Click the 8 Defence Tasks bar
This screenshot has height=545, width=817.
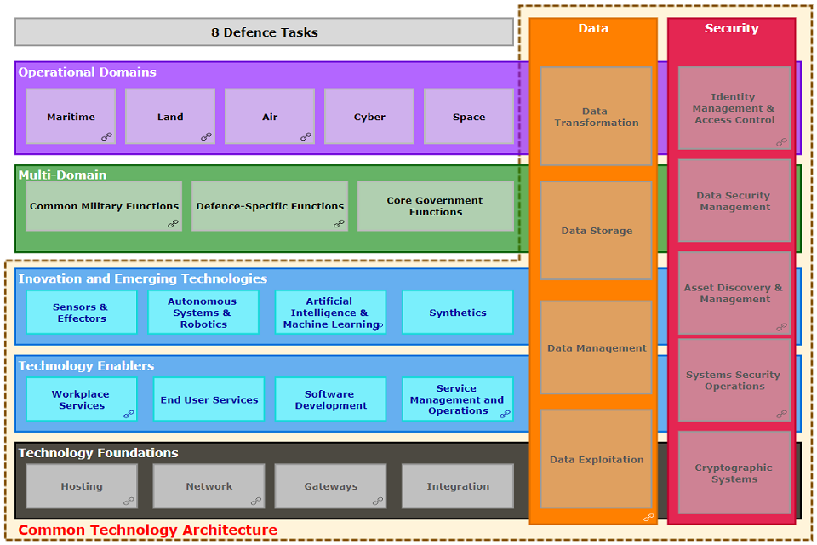click(x=264, y=32)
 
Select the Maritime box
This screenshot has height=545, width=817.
click(x=71, y=117)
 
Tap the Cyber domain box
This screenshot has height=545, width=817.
click(x=369, y=117)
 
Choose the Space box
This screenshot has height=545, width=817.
click(x=469, y=117)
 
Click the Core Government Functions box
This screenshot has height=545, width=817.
click(x=435, y=206)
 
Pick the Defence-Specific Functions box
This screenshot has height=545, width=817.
click(x=270, y=206)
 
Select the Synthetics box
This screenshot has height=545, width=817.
click(x=458, y=313)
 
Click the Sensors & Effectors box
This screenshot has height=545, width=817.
click(x=81, y=313)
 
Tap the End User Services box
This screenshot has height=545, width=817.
click(x=209, y=399)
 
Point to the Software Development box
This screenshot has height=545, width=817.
click(x=330, y=399)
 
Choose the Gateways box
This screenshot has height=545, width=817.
click(x=330, y=486)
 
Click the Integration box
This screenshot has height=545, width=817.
click(x=458, y=486)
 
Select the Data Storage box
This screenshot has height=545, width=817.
click(x=597, y=231)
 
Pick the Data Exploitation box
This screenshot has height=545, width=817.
click(x=597, y=460)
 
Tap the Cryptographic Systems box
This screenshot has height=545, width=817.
click(x=734, y=473)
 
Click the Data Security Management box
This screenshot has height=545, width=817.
click(x=734, y=201)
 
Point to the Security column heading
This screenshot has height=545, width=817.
click(x=731, y=28)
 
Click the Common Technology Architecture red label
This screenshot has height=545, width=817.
click(x=148, y=531)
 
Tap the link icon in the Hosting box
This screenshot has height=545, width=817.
click(x=129, y=501)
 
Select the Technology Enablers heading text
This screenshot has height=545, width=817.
click(x=87, y=366)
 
